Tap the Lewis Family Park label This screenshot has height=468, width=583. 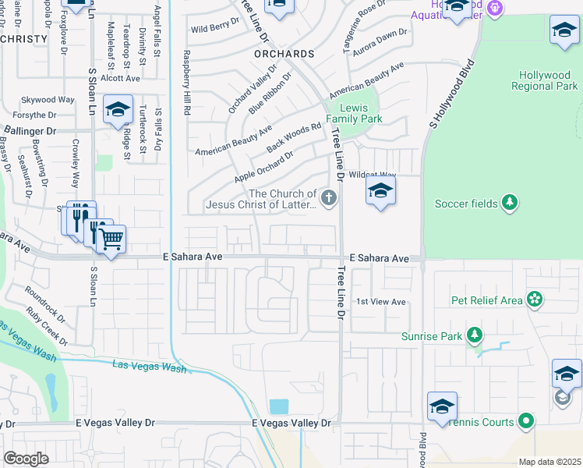(354, 114)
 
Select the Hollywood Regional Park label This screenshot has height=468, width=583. (546, 80)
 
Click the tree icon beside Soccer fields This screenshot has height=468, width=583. (510, 204)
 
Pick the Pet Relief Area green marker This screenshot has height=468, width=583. (535, 300)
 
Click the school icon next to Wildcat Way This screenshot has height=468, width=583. (380, 190)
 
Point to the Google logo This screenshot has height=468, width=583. (26, 458)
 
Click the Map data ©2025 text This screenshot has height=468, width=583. (549, 462)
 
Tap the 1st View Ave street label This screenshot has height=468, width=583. (381, 302)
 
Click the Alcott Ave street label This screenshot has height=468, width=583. (120, 78)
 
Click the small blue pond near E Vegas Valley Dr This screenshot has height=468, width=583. (278, 406)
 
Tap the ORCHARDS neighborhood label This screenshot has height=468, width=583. (284, 54)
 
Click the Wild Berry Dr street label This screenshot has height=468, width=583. (214, 28)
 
